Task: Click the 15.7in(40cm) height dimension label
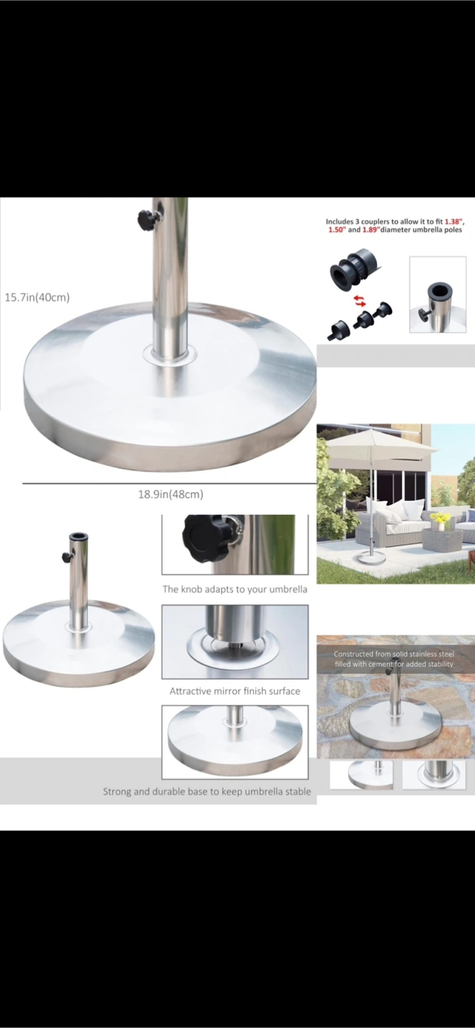coord(37,298)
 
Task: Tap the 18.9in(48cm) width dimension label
coord(171,494)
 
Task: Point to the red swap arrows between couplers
coord(359,301)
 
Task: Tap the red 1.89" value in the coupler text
coord(370,230)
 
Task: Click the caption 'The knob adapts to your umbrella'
coord(235,589)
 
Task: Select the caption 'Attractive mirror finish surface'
coord(235,691)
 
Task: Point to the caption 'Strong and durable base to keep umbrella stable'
coord(206,792)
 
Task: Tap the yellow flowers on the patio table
coord(439,517)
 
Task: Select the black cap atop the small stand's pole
coord(79,537)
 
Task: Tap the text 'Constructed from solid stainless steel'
coord(394,654)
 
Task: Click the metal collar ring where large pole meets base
coord(169,355)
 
